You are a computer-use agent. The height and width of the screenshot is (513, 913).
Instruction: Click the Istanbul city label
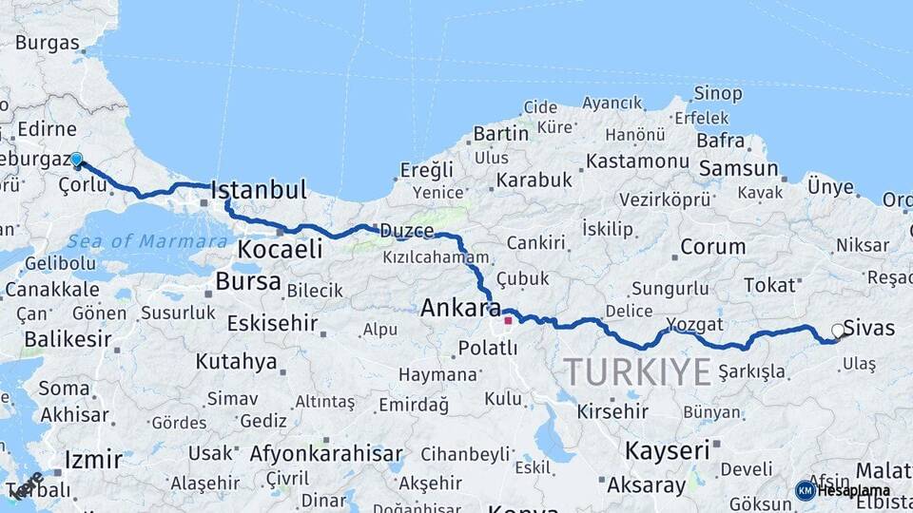click(259, 190)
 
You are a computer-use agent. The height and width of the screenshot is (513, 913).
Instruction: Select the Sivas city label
click(868, 329)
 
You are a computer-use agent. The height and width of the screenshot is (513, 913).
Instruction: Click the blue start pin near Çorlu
click(76, 161)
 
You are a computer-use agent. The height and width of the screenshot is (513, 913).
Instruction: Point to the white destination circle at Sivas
click(838, 331)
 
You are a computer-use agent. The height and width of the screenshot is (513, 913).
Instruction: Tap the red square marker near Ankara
click(508, 320)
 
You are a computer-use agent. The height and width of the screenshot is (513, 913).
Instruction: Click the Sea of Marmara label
click(134, 241)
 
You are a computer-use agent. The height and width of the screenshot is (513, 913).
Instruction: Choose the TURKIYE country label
click(636, 371)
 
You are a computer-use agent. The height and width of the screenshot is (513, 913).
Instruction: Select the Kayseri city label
click(667, 449)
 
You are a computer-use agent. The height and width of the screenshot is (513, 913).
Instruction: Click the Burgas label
click(47, 43)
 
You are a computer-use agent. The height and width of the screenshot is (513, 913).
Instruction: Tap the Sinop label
click(717, 93)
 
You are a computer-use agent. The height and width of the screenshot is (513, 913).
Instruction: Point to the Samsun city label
click(738, 169)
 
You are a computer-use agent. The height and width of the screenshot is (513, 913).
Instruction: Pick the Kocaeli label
click(280, 250)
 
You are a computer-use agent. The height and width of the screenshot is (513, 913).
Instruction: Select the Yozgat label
click(689, 323)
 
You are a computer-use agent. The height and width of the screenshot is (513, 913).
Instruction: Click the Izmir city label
click(92, 461)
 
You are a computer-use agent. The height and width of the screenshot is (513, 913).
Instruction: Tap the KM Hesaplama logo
click(843, 490)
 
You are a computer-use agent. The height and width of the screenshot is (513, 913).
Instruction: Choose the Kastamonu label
click(636, 161)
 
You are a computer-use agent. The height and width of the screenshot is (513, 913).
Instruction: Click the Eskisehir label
click(271, 323)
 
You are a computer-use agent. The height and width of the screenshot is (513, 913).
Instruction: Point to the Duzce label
click(406, 231)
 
